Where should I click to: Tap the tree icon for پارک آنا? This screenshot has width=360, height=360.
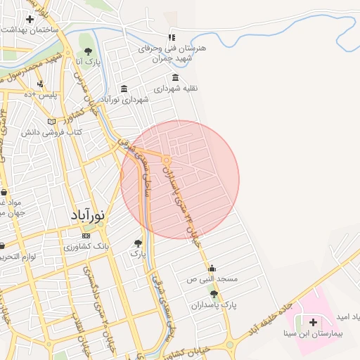88,51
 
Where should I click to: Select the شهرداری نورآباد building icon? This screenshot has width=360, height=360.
124,89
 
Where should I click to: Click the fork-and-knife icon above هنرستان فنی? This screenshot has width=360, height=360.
171,37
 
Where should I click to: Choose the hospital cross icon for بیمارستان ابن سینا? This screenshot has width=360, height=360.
313,321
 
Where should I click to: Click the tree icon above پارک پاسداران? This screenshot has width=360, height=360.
214,295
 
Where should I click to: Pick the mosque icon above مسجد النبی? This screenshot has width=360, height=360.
212,268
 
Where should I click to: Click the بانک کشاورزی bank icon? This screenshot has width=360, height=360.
86,236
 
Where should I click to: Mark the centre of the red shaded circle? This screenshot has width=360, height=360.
180,180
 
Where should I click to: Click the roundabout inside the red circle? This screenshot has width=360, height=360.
167,161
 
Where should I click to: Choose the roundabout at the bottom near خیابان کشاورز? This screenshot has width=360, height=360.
230,345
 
